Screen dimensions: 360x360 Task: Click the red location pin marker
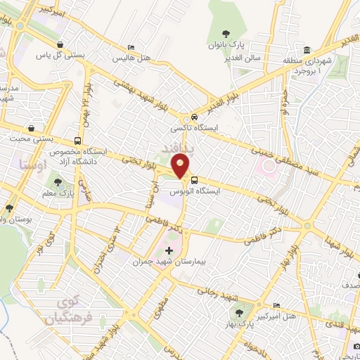coord(181,167)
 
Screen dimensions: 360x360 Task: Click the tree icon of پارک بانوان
coord(226,34)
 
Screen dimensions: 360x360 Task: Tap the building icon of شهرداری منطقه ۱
coord(308,51)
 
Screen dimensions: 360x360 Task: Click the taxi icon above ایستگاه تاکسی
coord(193,117)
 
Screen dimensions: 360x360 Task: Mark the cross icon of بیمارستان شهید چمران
coord(168,250)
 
